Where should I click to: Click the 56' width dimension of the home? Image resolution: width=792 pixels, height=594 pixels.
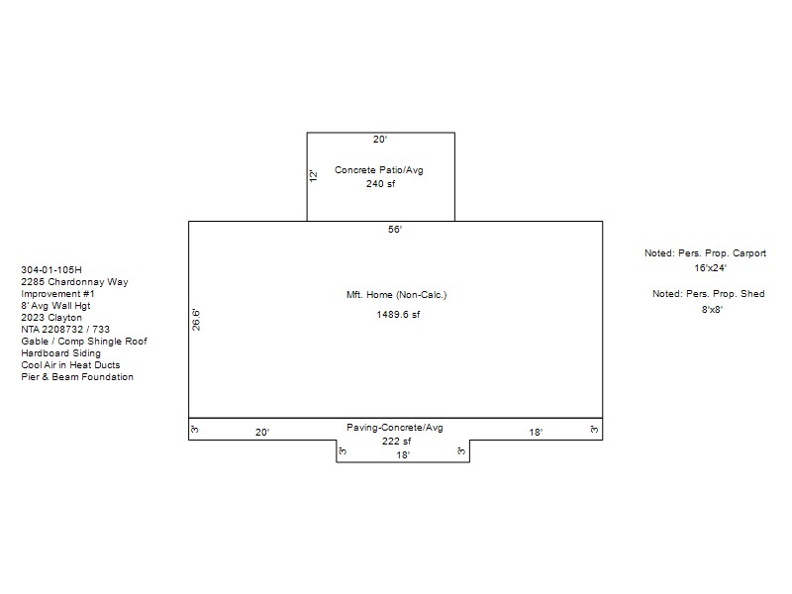[395, 230]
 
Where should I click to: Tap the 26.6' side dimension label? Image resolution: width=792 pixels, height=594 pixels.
[196, 320]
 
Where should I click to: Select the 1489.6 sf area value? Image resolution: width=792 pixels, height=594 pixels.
[398, 314]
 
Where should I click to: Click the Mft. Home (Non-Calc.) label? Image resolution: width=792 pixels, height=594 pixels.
[397, 294]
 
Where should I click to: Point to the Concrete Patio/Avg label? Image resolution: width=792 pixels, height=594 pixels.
[379, 170]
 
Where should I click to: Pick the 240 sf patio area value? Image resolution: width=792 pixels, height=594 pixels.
[381, 184]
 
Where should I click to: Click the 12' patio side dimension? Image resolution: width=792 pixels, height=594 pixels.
[313, 176]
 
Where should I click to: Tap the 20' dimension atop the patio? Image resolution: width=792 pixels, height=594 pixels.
[380, 140]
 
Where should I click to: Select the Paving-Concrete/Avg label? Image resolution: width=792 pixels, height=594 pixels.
[394, 428]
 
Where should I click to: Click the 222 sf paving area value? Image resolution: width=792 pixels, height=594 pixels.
[397, 441]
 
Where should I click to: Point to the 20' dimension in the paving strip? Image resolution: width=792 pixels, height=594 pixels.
[262, 432]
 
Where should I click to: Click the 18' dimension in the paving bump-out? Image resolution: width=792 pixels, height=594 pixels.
[403, 454]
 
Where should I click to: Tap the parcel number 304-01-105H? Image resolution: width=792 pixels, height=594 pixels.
[51, 269]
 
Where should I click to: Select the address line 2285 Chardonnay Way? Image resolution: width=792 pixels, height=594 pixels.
[75, 282]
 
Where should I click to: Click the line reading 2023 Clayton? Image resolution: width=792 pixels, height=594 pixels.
[51, 318]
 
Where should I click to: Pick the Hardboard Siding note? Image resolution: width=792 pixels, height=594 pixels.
[60, 353]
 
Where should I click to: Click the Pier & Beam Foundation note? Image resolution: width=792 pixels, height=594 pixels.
[77, 377]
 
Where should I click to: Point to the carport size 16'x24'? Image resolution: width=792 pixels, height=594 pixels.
[710, 267]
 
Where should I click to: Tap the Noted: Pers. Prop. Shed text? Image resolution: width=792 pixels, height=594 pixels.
[708, 294]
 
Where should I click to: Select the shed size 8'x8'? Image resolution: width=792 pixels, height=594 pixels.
[712, 309]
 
